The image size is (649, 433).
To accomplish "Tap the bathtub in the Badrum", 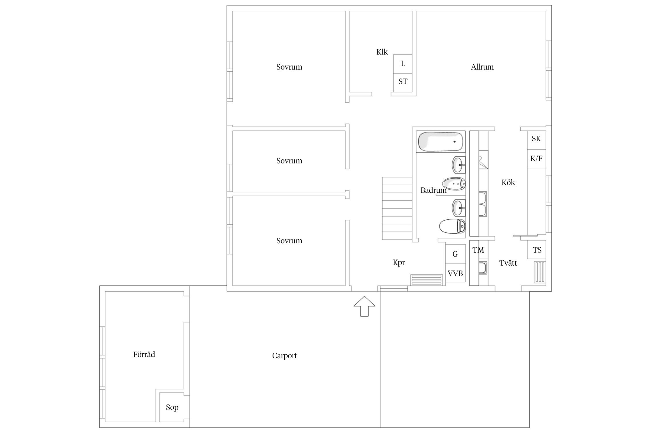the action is click(441, 141).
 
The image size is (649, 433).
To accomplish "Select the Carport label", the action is click(284, 356).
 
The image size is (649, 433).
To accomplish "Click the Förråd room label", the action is click(144, 354).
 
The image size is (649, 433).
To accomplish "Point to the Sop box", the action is click(172, 407).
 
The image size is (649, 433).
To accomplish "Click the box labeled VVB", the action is click(455, 273).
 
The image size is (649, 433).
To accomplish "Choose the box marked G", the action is click(455, 254).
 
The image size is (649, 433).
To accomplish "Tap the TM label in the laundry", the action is click(478, 250).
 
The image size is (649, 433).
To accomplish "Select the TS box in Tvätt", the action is click(537, 250).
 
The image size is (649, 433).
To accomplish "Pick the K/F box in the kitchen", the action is click(537, 159).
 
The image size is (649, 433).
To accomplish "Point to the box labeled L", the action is click(403, 64).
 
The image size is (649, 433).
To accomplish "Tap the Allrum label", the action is click(482, 67).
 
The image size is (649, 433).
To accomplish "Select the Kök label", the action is click(508, 182).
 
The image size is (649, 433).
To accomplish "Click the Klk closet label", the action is click(382, 52).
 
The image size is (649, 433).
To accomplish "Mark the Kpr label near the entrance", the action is click(399, 262).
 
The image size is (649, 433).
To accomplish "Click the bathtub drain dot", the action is click(455, 141).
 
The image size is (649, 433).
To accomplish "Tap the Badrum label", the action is click(434, 190).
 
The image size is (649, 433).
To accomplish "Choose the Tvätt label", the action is click(508, 263).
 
